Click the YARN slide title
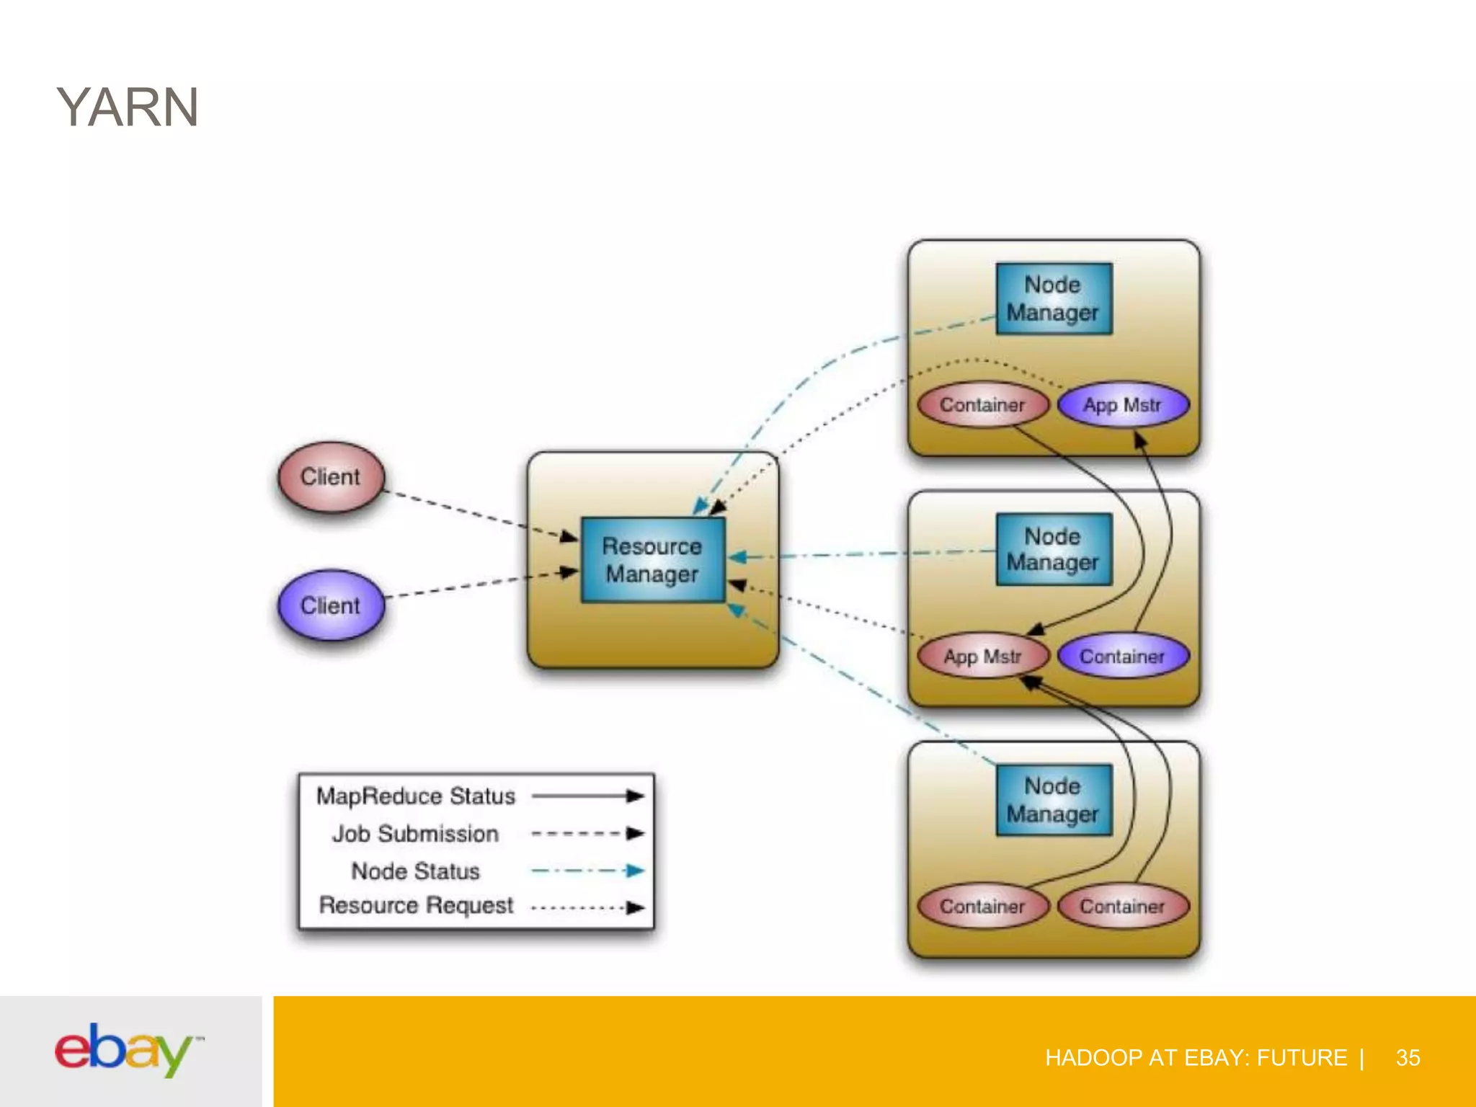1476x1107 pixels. (x=128, y=107)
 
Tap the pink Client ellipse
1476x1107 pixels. (x=331, y=477)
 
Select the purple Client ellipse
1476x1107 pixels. (x=331, y=605)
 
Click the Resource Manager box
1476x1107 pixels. (x=652, y=560)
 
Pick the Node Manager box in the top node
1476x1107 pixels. (x=1053, y=298)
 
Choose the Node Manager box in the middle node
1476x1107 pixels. (x=1053, y=549)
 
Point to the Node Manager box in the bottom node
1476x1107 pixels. (x=1053, y=800)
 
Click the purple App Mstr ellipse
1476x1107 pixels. (x=1122, y=405)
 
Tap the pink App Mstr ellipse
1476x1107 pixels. (x=983, y=657)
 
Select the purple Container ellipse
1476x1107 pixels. (x=1122, y=657)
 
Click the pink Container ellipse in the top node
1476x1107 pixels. (x=983, y=405)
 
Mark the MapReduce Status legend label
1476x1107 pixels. (x=416, y=796)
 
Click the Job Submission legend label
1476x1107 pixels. (x=415, y=834)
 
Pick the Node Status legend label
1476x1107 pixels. (x=415, y=871)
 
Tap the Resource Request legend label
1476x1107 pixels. (x=416, y=905)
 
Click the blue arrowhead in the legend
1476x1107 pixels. (x=635, y=871)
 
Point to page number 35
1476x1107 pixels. (x=1408, y=1057)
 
